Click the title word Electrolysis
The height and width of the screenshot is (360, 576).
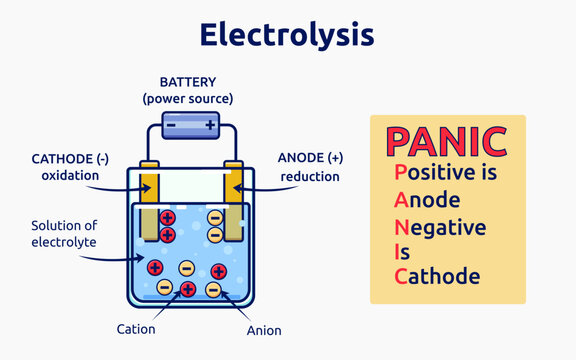[x=287, y=35]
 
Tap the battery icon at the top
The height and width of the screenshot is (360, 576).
[x=188, y=126]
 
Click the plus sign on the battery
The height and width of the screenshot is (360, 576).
[x=209, y=126]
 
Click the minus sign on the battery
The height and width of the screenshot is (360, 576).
[x=170, y=126]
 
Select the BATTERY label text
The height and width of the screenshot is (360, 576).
[x=188, y=82]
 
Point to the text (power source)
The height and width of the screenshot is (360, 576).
[x=188, y=98]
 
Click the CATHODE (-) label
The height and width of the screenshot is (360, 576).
[x=66, y=158]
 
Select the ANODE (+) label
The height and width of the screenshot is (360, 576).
[x=309, y=158]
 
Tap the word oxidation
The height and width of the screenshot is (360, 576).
[x=70, y=175]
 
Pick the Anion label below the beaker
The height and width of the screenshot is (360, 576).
[x=264, y=329]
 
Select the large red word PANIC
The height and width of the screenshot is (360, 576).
[x=447, y=142]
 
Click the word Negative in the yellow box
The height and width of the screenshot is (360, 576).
[x=440, y=227]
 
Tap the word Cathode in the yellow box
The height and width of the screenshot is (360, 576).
[x=437, y=276]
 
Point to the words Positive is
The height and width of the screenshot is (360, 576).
[x=445, y=173]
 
